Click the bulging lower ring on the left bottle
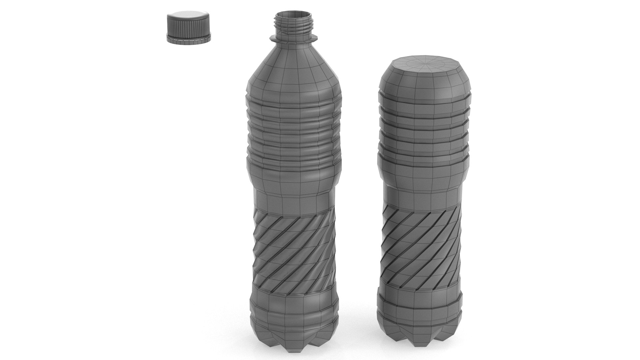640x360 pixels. click(293, 307)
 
